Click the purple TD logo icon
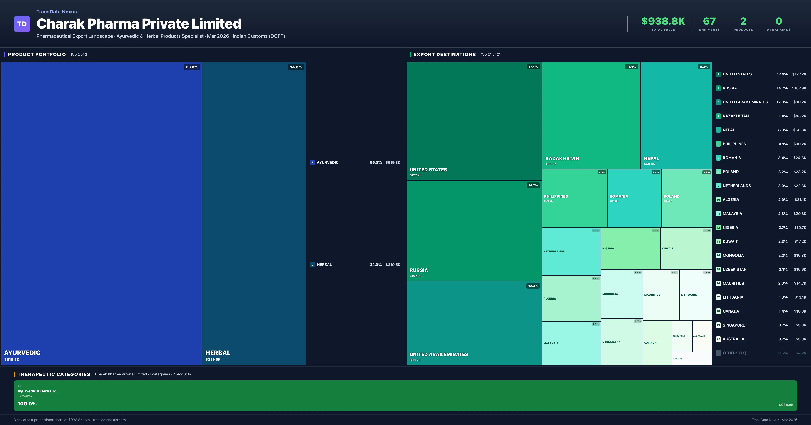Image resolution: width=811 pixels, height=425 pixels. click(x=22, y=24)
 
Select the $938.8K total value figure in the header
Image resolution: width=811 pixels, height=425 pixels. click(x=663, y=21)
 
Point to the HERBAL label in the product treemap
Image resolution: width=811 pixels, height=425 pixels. click(x=218, y=353)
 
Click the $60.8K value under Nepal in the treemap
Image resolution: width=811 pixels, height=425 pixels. click(x=649, y=164)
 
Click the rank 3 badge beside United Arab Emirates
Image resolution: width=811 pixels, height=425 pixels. click(x=718, y=102)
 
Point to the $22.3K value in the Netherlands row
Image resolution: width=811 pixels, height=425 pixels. click(x=800, y=186)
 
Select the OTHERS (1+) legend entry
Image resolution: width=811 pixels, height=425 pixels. click(x=734, y=353)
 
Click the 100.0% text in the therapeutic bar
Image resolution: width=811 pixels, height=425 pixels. click(x=27, y=404)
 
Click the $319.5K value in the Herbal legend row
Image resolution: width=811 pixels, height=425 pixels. click(x=393, y=265)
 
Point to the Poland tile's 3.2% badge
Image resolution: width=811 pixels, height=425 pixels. click(x=706, y=172)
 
